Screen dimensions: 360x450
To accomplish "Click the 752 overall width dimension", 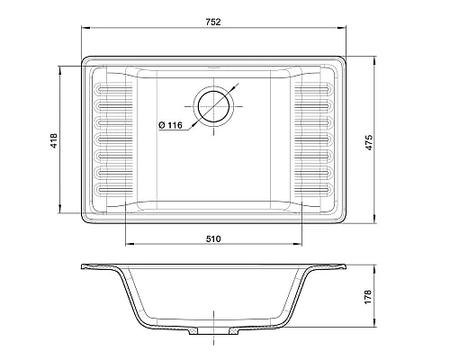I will coord(211,19).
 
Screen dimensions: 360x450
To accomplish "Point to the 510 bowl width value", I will coord(213,238).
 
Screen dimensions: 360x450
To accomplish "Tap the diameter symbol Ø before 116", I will coord(159,125).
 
